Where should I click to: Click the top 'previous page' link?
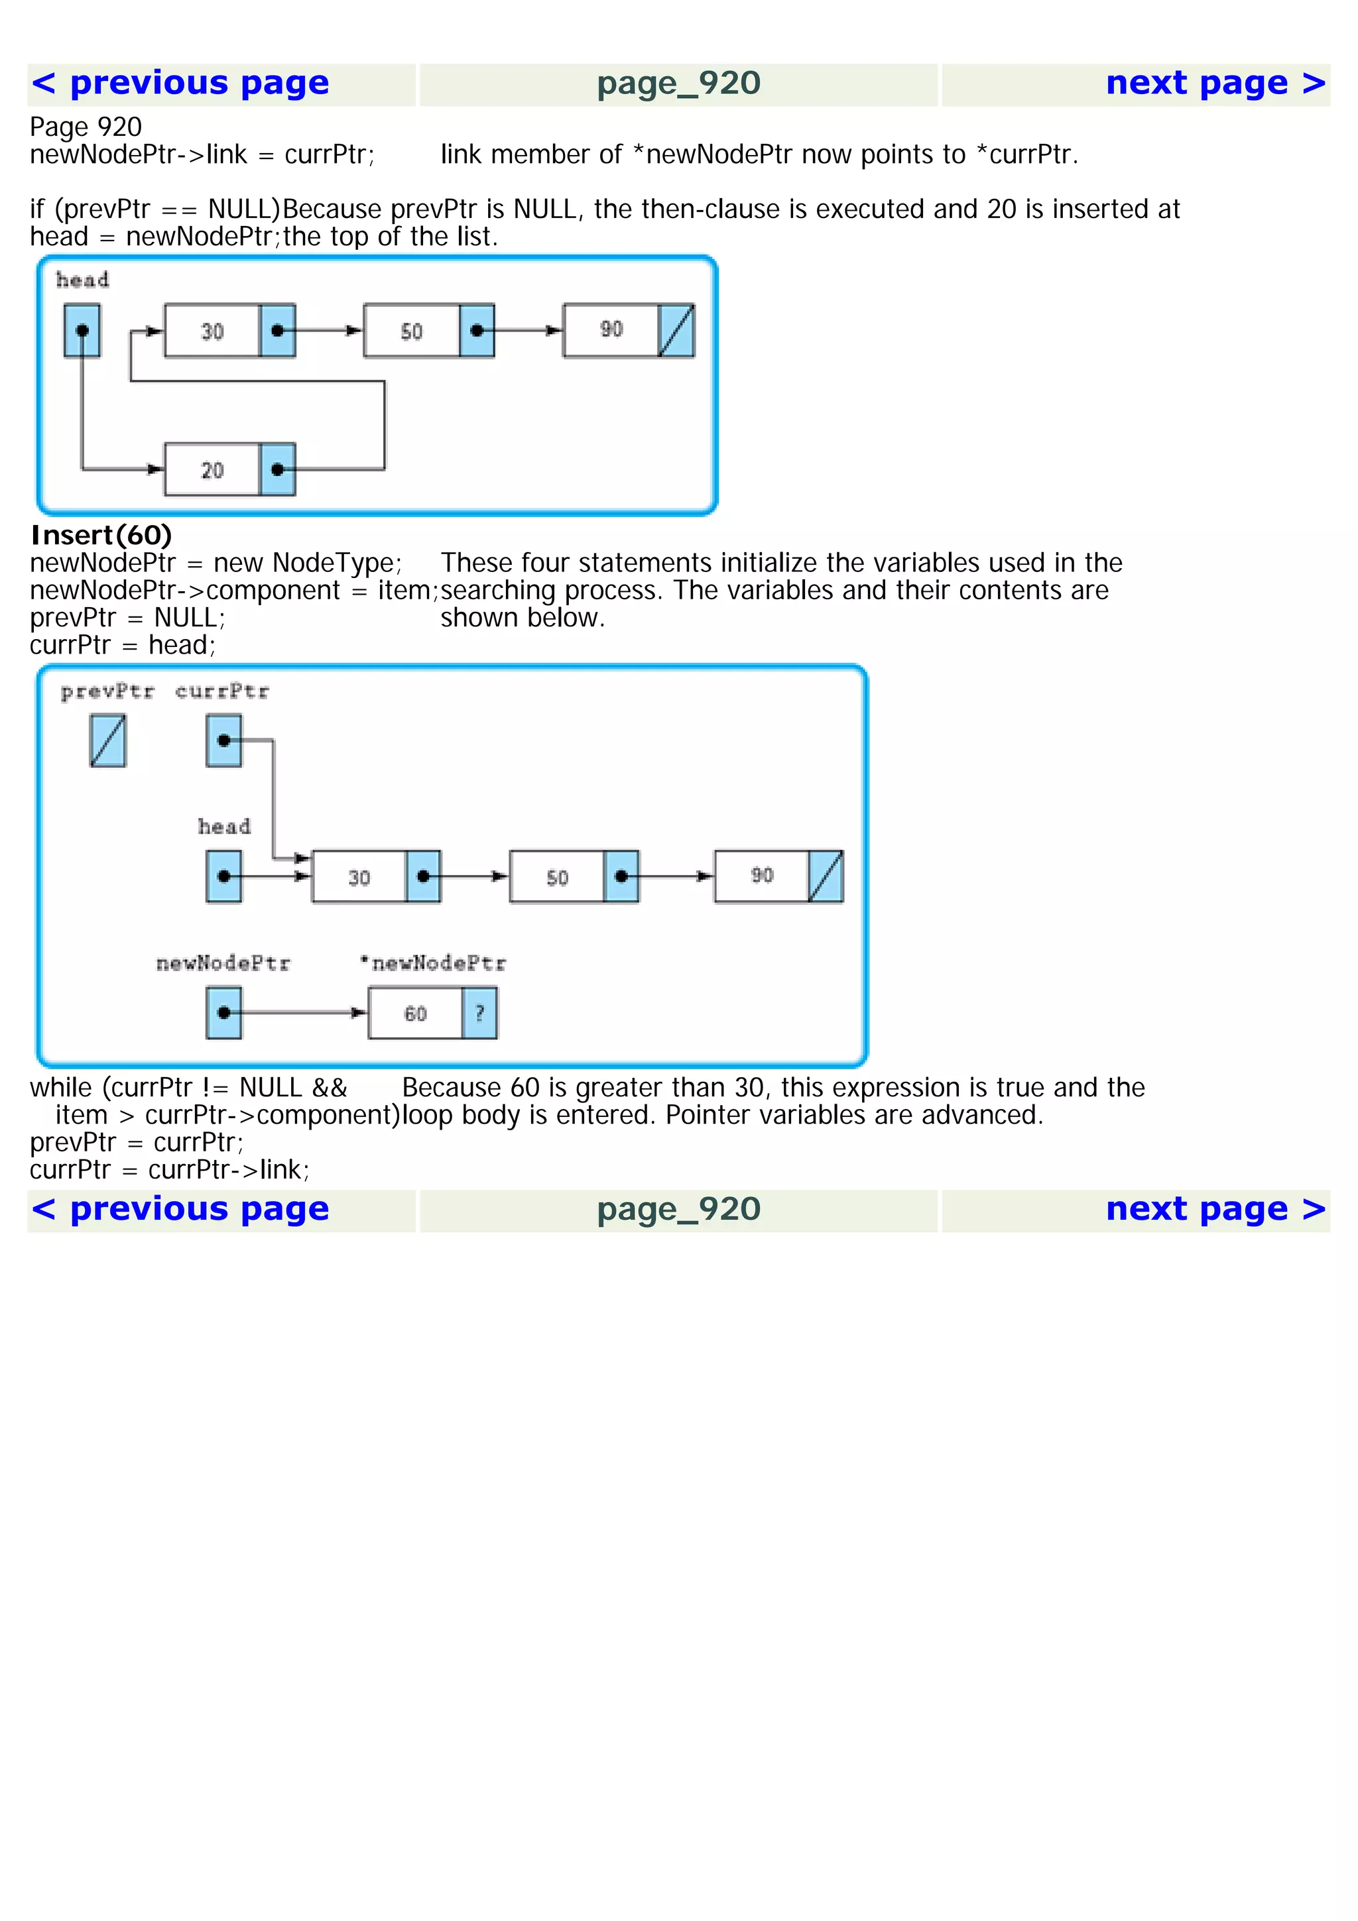coord(180,84)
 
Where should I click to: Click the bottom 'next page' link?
coord(1215,1210)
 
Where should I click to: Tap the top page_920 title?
coord(678,84)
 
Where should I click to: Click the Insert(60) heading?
coord(101,535)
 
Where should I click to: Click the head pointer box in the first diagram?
coord(82,331)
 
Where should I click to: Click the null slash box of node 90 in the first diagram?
coord(676,331)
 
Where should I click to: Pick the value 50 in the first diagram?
coord(411,331)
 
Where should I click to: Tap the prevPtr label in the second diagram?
coord(107,692)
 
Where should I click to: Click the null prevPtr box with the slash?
coord(108,740)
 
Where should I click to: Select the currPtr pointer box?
coord(223,740)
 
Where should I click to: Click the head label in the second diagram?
coord(223,827)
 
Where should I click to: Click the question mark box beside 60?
coord(479,1014)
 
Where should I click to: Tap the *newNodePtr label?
coord(432,964)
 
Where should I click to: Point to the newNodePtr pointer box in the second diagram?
coord(223,1014)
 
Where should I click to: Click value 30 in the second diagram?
coord(359,878)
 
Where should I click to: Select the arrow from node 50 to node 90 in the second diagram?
coord(674,876)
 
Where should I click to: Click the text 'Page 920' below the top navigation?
coord(86,127)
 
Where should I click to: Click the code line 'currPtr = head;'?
coord(122,645)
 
